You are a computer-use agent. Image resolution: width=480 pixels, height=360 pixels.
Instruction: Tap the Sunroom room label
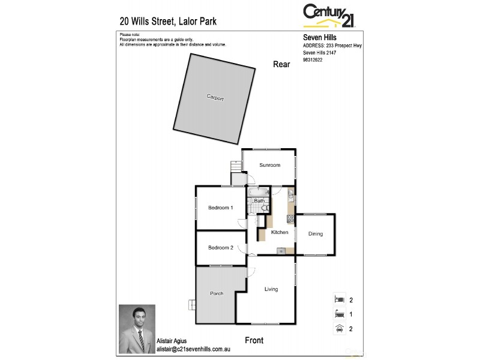(x=269, y=165)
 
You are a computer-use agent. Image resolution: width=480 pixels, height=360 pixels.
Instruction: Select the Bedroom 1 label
(x=220, y=208)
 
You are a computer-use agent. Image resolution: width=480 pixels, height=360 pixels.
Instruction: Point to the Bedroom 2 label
(x=220, y=247)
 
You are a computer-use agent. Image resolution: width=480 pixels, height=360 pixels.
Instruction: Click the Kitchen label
(x=280, y=232)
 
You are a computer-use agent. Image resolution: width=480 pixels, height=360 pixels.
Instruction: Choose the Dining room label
(x=316, y=234)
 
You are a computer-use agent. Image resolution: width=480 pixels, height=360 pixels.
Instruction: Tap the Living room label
(x=271, y=289)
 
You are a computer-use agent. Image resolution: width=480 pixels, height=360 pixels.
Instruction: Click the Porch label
(x=217, y=293)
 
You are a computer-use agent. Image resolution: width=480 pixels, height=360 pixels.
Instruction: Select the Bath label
(x=259, y=201)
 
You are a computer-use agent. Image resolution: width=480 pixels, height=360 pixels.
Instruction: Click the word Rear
(x=281, y=64)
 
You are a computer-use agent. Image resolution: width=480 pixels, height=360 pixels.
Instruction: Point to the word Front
(x=254, y=340)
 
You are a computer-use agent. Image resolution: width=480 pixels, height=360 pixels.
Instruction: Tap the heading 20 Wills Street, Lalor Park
(x=169, y=22)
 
